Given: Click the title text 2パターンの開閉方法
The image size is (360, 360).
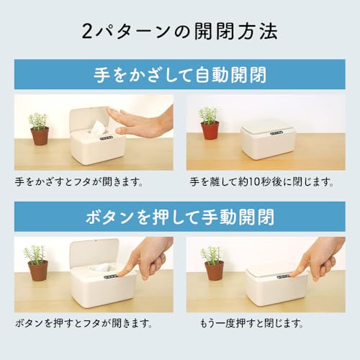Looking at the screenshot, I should (x=180, y=32).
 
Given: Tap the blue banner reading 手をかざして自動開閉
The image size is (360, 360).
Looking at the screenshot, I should (x=180, y=75).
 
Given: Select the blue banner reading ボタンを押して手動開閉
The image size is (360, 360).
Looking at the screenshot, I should (x=180, y=216).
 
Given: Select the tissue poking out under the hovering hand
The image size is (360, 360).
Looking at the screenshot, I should (x=96, y=127).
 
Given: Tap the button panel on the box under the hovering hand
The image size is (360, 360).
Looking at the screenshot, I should (x=106, y=138).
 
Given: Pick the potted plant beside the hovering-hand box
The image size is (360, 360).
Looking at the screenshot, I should (x=39, y=128).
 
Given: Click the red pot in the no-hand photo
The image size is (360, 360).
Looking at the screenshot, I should (x=210, y=130).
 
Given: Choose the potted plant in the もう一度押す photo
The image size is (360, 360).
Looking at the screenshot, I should (x=212, y=264).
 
